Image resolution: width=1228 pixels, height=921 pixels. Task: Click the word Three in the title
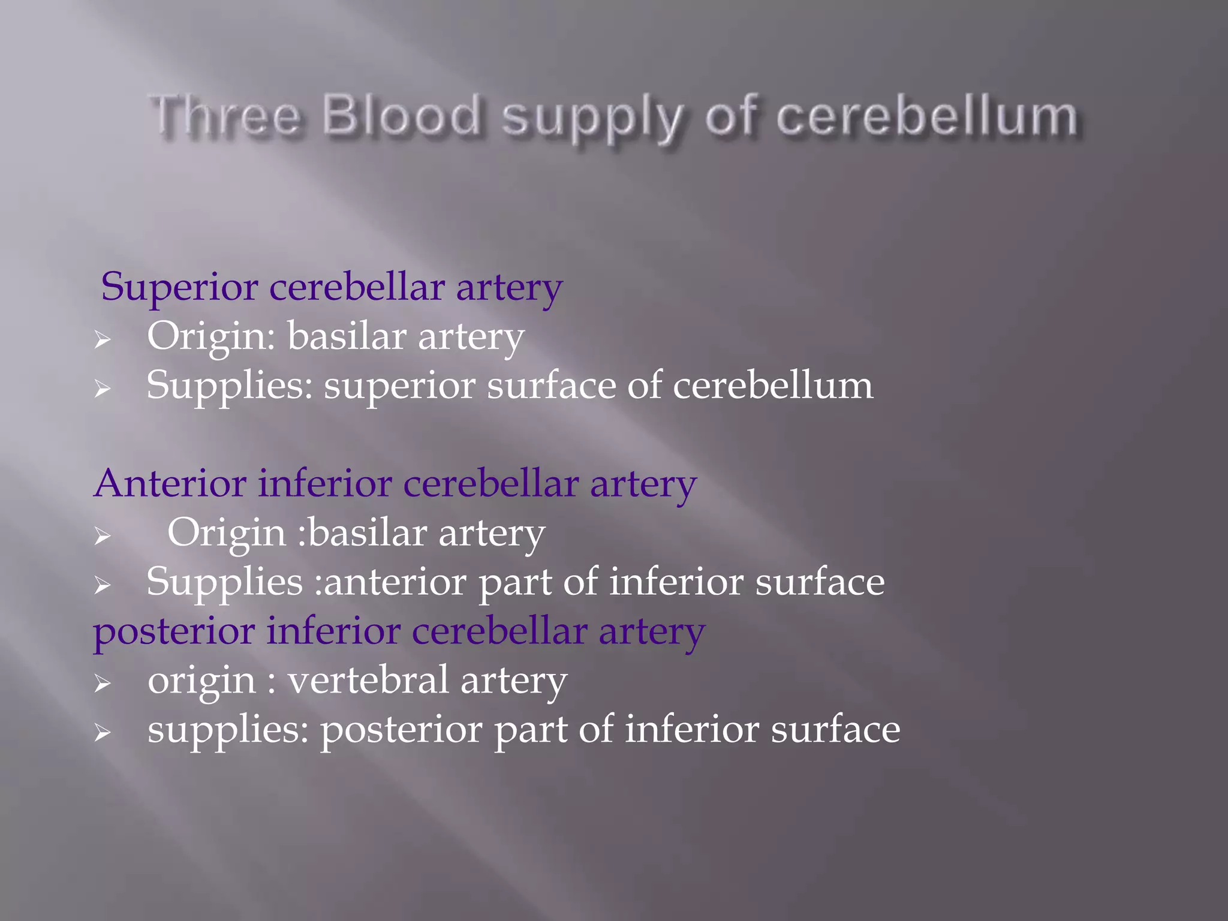(225, 115)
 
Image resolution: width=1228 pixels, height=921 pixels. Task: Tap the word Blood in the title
(402, 115)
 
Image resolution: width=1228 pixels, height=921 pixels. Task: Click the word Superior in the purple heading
(179, 287)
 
